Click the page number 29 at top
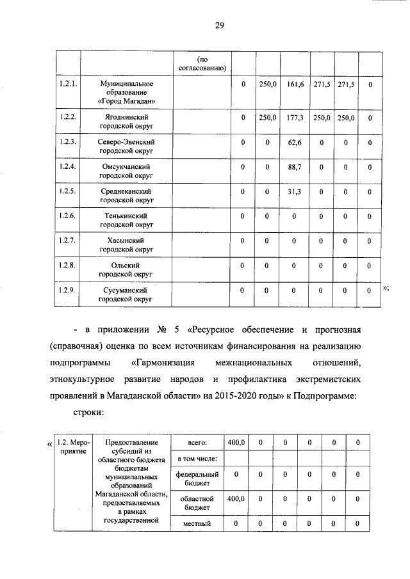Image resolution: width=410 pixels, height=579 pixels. (218, 26)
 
